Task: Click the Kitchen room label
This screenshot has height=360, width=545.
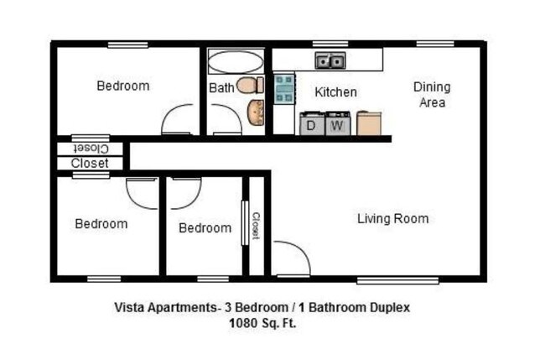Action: pyautogui.click(x=335, y=92)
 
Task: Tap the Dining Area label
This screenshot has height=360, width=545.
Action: pyautogui.click(x=431, y=94)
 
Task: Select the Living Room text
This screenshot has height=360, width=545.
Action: pyautogui.click(x=392, y=219)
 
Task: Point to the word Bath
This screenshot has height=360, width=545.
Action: pyautogui.click(x=221, y=87)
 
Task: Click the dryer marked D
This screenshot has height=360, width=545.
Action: pyautogui.click(x=312, y=125)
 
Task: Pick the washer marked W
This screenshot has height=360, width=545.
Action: pyautogui.click(x=338, y=125)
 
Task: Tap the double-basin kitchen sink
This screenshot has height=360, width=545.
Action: pyautogui.click(x=329, y=60)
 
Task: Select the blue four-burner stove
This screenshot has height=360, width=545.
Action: pyautogui.click(x=284, y=88)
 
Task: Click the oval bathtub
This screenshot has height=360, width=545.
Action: pyautogui.click(x=235, y=61)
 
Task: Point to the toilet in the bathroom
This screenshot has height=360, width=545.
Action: pyautogui.click(x=250, y=85)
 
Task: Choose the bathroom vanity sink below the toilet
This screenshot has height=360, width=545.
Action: pyautogui.click(x=256, y=112)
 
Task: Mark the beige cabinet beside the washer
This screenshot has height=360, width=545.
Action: pyautogui.click(x=369, y=123)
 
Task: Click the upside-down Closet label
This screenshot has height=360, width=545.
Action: pyautogui.click(x=90, y=149)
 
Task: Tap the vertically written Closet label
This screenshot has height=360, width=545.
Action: pyautogui.click(x=256, y=225)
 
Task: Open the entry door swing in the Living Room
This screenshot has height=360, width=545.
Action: pyautogui.click(x=292, y=257)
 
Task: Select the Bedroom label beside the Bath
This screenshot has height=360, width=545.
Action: pyautogui.click(x=122, y=86)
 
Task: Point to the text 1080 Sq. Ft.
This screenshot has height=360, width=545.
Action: pyautogui.click(x=262, y=321)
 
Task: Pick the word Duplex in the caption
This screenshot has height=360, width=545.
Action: pyautogui.click(x=389, y=307)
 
